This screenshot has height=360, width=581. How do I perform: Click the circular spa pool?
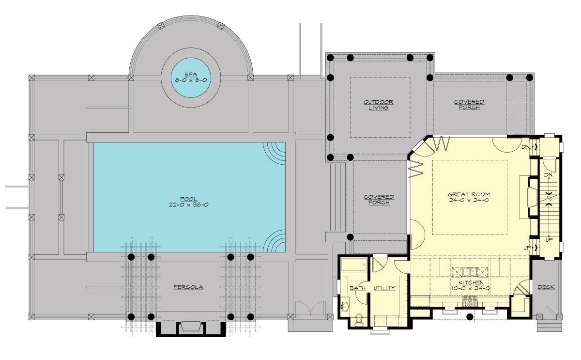(191, 78)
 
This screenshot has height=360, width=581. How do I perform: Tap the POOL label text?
(188, 199)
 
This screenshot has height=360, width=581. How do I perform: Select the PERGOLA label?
(188, 287)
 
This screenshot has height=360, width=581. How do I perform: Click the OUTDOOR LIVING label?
(379, 105)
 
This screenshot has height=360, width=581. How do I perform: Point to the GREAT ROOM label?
(469, 194)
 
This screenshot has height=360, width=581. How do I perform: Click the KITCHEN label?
(471, 282)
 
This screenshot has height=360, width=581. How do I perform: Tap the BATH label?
(357, 288)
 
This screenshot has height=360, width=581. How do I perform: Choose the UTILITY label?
(384, 288)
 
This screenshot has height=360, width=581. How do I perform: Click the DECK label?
(546, 287)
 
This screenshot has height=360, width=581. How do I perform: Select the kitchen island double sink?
(470, 272)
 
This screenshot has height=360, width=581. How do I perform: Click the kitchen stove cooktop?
(470, 301)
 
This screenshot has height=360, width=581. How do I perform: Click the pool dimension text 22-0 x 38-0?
(188, 205)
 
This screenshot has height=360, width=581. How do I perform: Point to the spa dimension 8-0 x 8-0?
(191, 80)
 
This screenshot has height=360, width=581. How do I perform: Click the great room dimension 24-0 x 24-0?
(469, 200)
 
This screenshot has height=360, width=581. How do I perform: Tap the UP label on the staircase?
(549, 240)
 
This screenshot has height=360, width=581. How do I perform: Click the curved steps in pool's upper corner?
(275, 154)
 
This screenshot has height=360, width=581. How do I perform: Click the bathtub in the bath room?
(354, 265)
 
